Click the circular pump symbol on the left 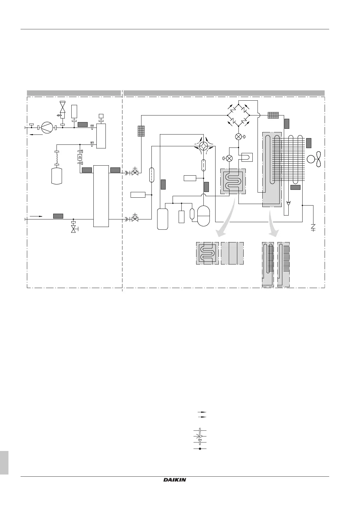click(47, 128)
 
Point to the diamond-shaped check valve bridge click(238, 115)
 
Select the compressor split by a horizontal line click(203, 216)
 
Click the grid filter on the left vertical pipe click(141, 131)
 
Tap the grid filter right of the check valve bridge click(273, 115)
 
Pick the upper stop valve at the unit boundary click(135, 173)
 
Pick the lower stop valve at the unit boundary click(135, 219)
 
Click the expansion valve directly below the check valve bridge click(238, 137)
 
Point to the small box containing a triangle click(80, 157)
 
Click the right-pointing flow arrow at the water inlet click(36, 216)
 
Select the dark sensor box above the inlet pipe click(58, 216)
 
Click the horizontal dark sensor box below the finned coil click(295, 187)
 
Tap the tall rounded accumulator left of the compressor click(163, 219)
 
